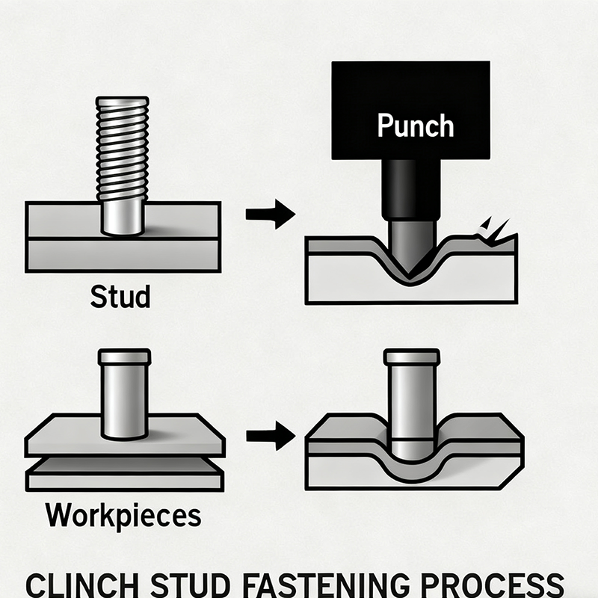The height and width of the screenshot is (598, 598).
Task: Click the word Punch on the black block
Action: [415, 125]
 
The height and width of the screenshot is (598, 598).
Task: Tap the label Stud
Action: [120, 296]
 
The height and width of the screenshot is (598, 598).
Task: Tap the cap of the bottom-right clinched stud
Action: [409, 357]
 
